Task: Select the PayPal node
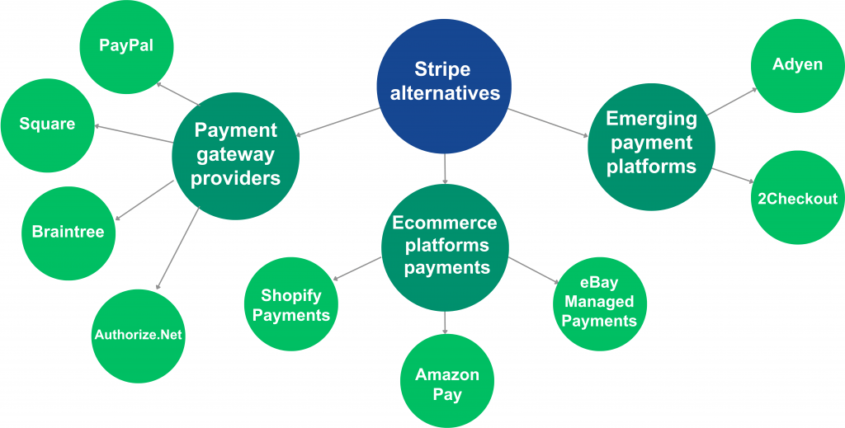coord(126,47)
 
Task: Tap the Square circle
coord(47,125)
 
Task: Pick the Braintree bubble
coord(68,233)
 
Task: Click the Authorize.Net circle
coord(139,336)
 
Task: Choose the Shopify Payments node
coord(291,304)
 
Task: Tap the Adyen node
coord(798,65)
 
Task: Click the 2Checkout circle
coord(798,198)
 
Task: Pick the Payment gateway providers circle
coord(235,156)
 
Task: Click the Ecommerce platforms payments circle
coord(445,247)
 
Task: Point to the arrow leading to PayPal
coord(177,94)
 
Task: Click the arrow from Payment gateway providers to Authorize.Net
coord(177,249)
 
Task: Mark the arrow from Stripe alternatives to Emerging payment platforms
coord(549,123)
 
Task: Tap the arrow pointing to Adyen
coord(733,101)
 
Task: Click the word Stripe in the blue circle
coord(442,69)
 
